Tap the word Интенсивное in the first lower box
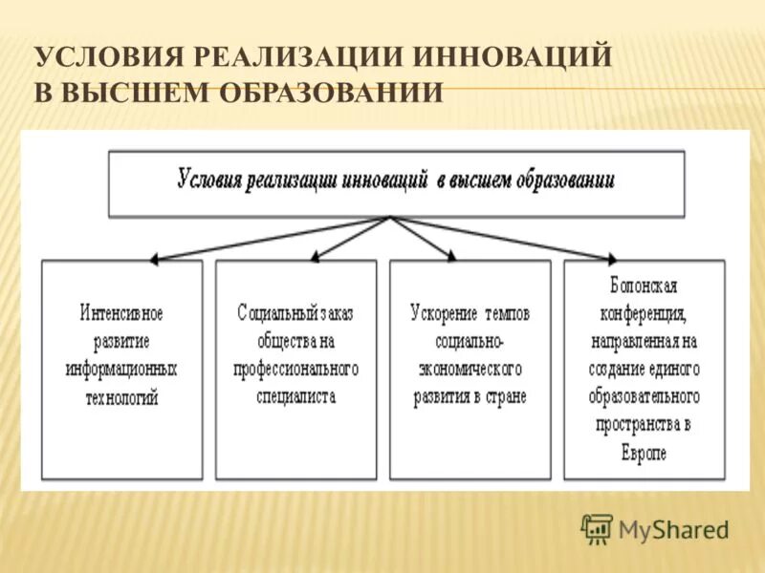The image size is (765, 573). [121, 313]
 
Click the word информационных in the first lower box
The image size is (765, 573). [121, 370]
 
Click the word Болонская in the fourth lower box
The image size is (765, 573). [644, 286]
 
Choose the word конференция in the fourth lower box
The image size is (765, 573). [644, 313]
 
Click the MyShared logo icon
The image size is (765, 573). [596, 528]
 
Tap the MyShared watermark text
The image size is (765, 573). [673, 529]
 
